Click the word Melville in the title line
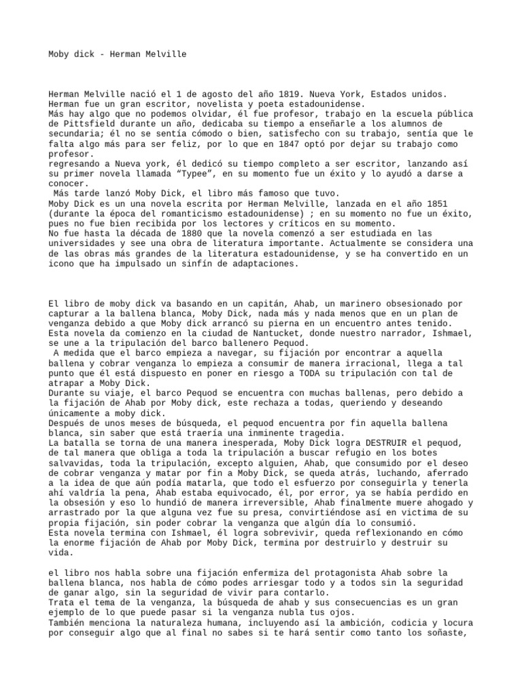[164, 53]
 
